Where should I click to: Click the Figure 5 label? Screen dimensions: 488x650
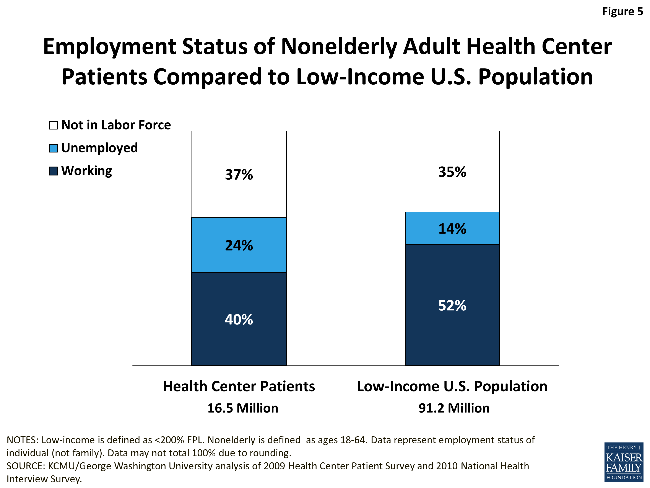(622, 11)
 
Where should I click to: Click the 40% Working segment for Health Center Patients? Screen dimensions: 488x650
(239, 319)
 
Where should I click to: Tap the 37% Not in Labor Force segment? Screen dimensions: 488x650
(239, 174)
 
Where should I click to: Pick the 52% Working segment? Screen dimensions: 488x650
(452, 305)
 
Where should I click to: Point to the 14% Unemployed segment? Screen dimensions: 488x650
(452, 228)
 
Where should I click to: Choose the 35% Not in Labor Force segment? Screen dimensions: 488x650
(452, 172)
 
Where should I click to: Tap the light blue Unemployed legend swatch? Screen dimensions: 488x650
(53, 148)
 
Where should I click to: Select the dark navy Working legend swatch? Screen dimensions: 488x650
(53, 171)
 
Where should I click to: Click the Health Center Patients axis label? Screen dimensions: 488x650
(239, 386)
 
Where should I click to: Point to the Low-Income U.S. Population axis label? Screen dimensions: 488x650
(452, 386)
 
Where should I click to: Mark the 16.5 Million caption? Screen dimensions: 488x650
(243, 408)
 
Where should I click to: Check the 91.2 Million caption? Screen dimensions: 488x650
(454, 408)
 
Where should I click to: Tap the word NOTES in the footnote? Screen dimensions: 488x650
(22, 440)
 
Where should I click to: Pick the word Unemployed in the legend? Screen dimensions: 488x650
(99, 148)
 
